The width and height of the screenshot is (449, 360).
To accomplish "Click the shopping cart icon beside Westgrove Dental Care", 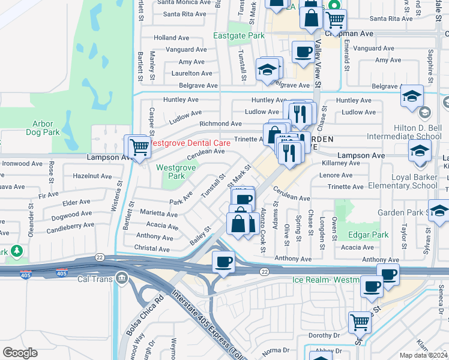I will [139, 146].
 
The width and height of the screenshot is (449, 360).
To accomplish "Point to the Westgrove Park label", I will [175, 172].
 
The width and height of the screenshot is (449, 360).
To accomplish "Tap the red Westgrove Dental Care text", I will [190, 143].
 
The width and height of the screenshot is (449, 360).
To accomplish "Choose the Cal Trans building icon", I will [121, 278].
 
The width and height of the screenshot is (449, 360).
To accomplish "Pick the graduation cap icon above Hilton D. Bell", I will [412, 96].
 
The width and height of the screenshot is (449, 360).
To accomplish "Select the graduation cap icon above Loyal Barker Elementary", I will [420, 150].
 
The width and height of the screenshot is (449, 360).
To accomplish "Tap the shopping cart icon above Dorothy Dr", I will [360, 322].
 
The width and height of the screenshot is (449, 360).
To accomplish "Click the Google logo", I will [20, 352].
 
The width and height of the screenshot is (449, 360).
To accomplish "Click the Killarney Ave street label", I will [340, 163].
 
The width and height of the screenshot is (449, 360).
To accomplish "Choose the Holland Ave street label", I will [172, 37].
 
